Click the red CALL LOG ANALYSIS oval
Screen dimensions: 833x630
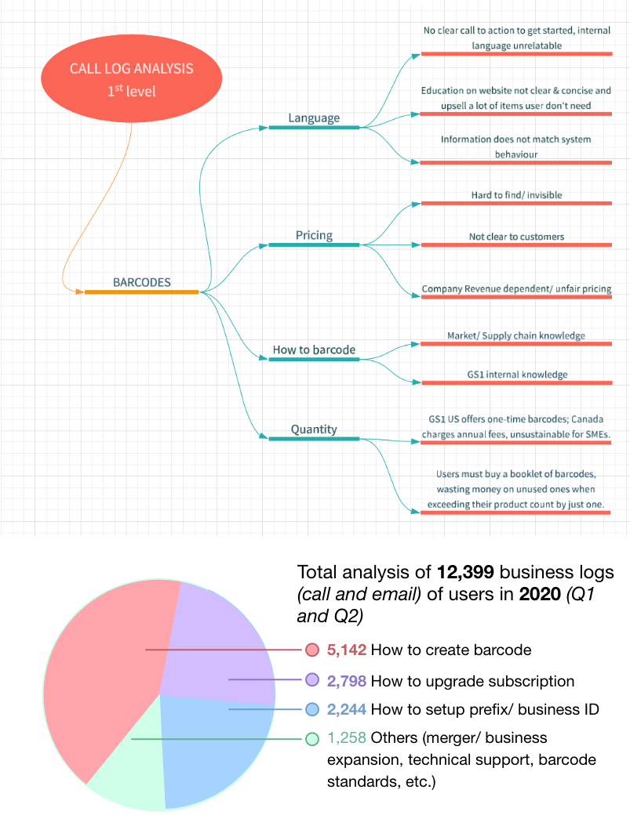[131, 78]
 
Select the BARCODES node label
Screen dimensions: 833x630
[142, 282]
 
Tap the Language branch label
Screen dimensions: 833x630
[314, 118]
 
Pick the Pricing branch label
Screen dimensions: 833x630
[314, 235]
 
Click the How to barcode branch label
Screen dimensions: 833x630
[314, 349]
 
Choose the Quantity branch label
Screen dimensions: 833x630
[314, 429]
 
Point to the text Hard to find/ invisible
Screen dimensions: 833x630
[515, 194]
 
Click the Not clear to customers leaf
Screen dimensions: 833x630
[516, 236]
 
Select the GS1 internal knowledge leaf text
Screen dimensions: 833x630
[515, 374]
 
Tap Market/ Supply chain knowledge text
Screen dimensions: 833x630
[515, 335]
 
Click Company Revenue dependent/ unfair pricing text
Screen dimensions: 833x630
[516, 289]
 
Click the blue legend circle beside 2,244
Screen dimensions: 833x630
[311, 710]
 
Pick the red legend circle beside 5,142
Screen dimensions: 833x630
[311, 650]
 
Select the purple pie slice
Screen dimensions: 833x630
[220, 643]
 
